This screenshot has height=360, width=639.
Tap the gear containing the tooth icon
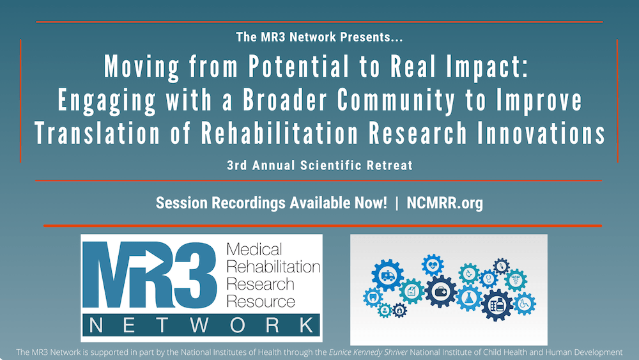click(x=373, y=297)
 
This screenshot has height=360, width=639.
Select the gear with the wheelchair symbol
click(x=525, y=304)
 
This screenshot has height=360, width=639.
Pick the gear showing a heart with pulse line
click(x=433, y=264)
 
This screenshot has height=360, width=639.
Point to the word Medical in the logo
click(x=254, y=250)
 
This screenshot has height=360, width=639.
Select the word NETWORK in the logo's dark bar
click(x=201, y=325)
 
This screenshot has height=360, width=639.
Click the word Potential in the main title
click(x=273, y=67)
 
